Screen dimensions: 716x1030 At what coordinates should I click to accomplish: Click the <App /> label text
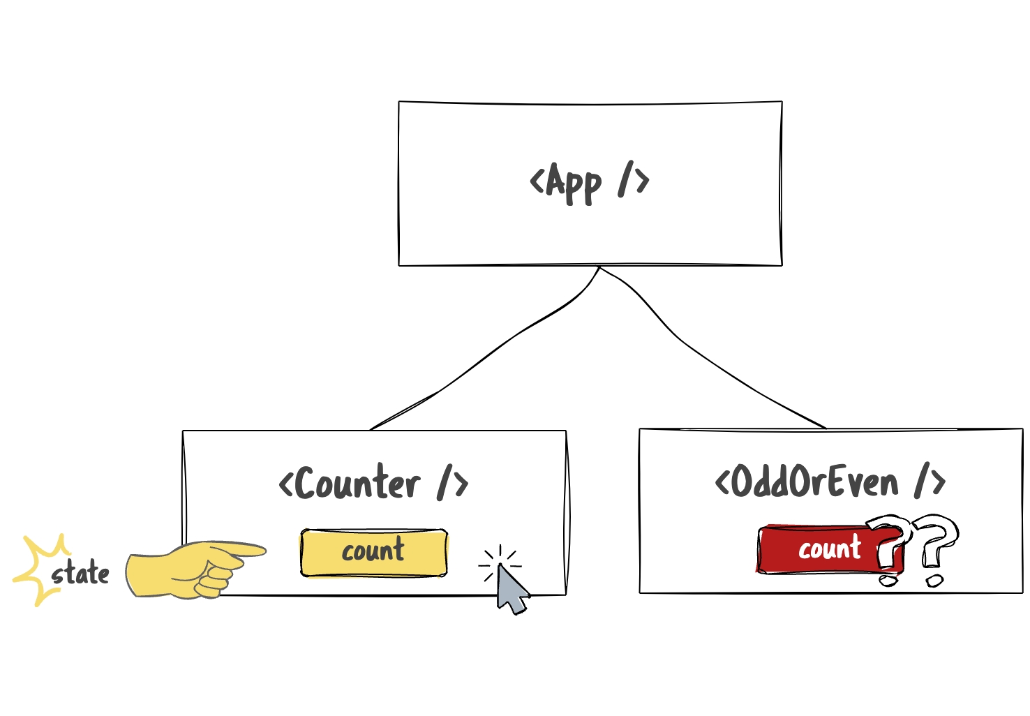[590, 182]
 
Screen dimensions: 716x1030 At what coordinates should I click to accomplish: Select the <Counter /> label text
[373, 483]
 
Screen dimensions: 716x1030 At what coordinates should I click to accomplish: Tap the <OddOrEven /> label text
[830, 482]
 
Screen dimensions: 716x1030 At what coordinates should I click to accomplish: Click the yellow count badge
[373, 552]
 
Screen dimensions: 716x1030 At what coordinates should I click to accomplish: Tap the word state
[81, 574]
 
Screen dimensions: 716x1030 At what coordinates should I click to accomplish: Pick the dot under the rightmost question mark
[934, 580]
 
